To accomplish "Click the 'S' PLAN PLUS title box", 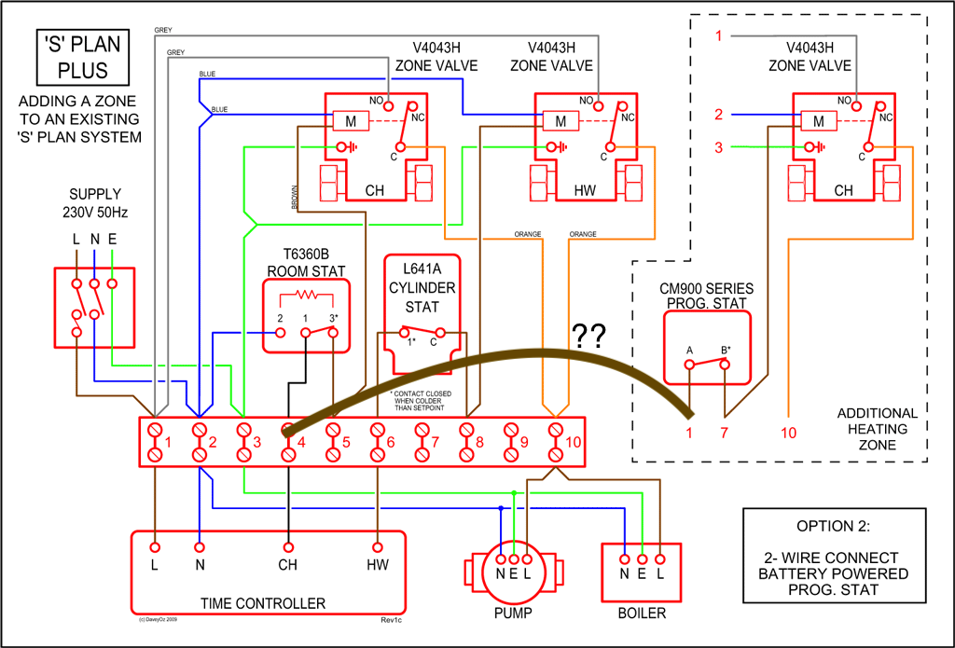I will (x=83, y=58).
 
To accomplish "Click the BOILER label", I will (x=642, y=613).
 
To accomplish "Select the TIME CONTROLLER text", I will (x=263, y=603).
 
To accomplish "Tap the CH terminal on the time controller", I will (x=288, y=564).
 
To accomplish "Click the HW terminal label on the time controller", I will (x=378, y=564).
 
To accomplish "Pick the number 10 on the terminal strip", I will (x=572, y=442).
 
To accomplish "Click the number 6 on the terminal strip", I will (x=391, y=442).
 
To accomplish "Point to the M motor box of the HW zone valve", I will (x=561, y=121).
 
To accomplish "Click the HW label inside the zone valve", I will (x=585, y=191).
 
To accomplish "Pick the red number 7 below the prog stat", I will (x=725, y=432).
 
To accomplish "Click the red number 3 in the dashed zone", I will (x=719, y=147).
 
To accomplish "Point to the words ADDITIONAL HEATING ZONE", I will (x=877, y=429).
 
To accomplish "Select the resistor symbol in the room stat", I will (x=306, y=296).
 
